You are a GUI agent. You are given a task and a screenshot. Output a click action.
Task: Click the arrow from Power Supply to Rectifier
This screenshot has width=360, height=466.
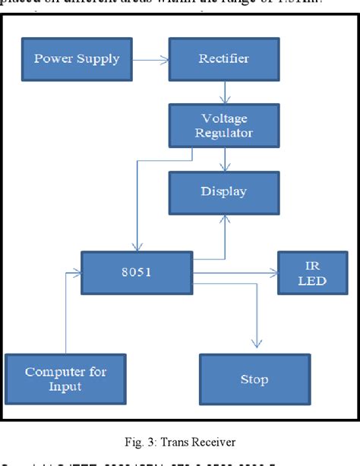(151, 58)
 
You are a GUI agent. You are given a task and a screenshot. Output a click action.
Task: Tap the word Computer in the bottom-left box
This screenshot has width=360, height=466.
(53, 371)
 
